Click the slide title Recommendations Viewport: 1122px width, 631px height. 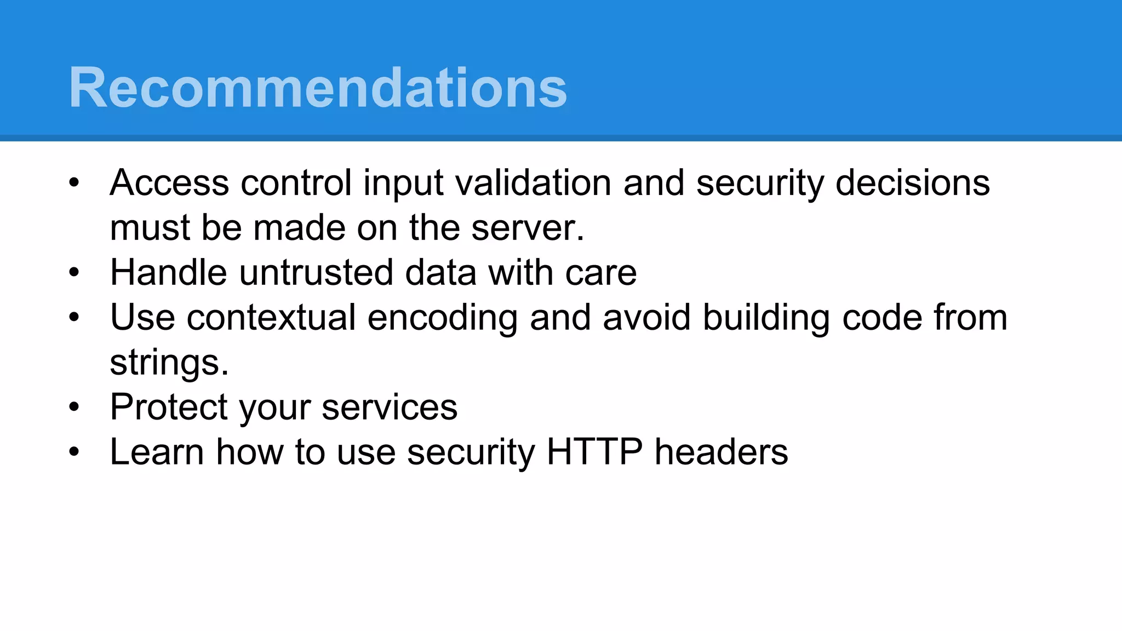pyautogui.click(x=318, y=88)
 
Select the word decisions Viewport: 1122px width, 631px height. pyautogui.click(x=912, y=182)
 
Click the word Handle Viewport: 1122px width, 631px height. pyautogui.click(x=168, y=272)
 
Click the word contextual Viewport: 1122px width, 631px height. pyautogui.click(x=271, y=318)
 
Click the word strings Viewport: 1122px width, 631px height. pyautogui.click(x=169, y=363)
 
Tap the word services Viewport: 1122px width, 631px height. pyautogui.click(x=389, y=408)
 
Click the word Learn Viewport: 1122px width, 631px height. pyautogui.click(x=157, y=452)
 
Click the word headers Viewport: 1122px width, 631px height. pyautogui.click(x=721, y=452)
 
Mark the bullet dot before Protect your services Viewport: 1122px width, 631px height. pyautogui.click(x=75, y=407)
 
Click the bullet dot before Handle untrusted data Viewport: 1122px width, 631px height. pyautogui.click(x=75, y=272)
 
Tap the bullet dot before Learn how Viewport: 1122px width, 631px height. pyautogui.click(x=75, y=452)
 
